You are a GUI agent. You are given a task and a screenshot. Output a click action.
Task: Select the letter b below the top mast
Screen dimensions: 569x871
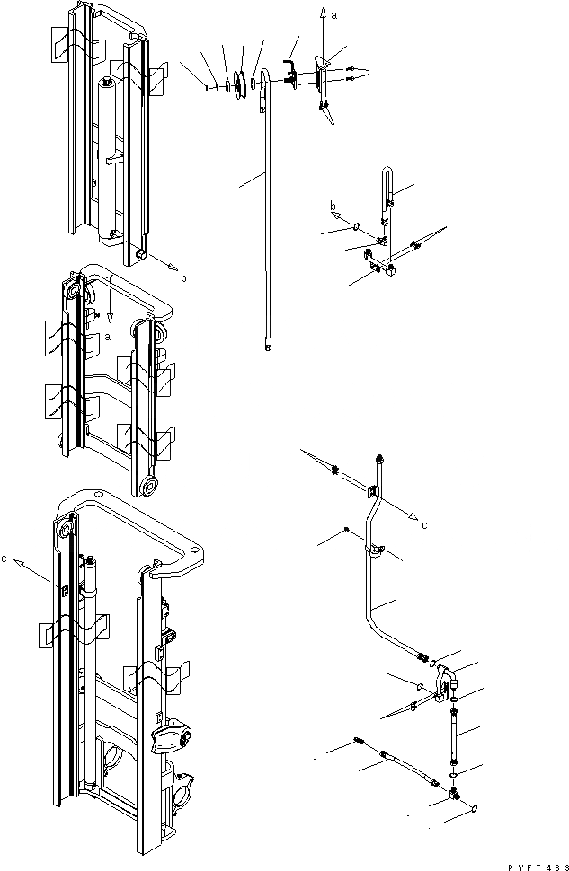tap(183, 278)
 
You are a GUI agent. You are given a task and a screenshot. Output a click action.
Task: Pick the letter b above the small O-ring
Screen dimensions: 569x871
tap(332, 206)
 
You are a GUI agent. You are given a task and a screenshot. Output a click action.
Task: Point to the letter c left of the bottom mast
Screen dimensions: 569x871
tap(5, 559)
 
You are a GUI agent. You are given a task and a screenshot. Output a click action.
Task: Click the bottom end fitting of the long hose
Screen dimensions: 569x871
tap(268, 340)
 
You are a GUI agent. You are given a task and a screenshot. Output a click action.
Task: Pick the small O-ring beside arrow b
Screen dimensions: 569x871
tap(357, 228)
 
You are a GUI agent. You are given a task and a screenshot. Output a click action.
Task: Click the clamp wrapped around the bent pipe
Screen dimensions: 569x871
tap(370, 550)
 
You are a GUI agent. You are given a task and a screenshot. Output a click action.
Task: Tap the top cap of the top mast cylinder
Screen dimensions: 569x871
tap(108, 84)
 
